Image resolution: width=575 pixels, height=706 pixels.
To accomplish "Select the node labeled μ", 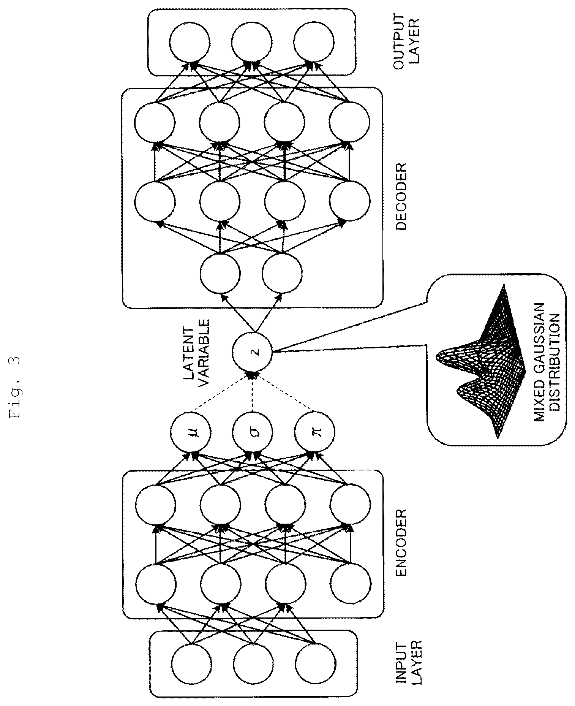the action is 190,433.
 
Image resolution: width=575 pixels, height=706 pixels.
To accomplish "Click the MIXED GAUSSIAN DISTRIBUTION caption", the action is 547,362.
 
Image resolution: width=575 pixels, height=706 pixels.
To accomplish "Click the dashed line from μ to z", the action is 221,393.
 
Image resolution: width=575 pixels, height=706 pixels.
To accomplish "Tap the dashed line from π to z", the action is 284,393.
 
